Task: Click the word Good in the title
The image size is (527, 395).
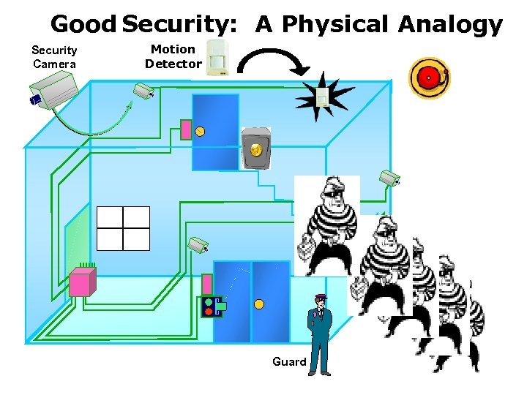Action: click(83, 24)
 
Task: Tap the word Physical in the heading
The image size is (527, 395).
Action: click(334, 24)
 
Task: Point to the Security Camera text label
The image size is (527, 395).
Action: click(54, 57)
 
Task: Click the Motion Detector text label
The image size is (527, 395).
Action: click(173, 56)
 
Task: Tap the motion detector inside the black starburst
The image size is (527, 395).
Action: click(321, 97)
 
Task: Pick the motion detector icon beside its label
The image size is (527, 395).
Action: click(217, 58)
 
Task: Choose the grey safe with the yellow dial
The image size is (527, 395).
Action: click(255, 149)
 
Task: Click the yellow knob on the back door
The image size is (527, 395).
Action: click(200, 132)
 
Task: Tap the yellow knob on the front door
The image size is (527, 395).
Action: click(258, 304)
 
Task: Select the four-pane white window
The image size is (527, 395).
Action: click(123, 228)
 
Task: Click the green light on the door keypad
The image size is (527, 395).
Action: click(209, 301)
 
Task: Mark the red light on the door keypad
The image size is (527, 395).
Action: click(209, 312)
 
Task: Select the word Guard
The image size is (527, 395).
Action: click(289, 361)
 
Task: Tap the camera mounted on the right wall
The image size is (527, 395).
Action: click(389, 178)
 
